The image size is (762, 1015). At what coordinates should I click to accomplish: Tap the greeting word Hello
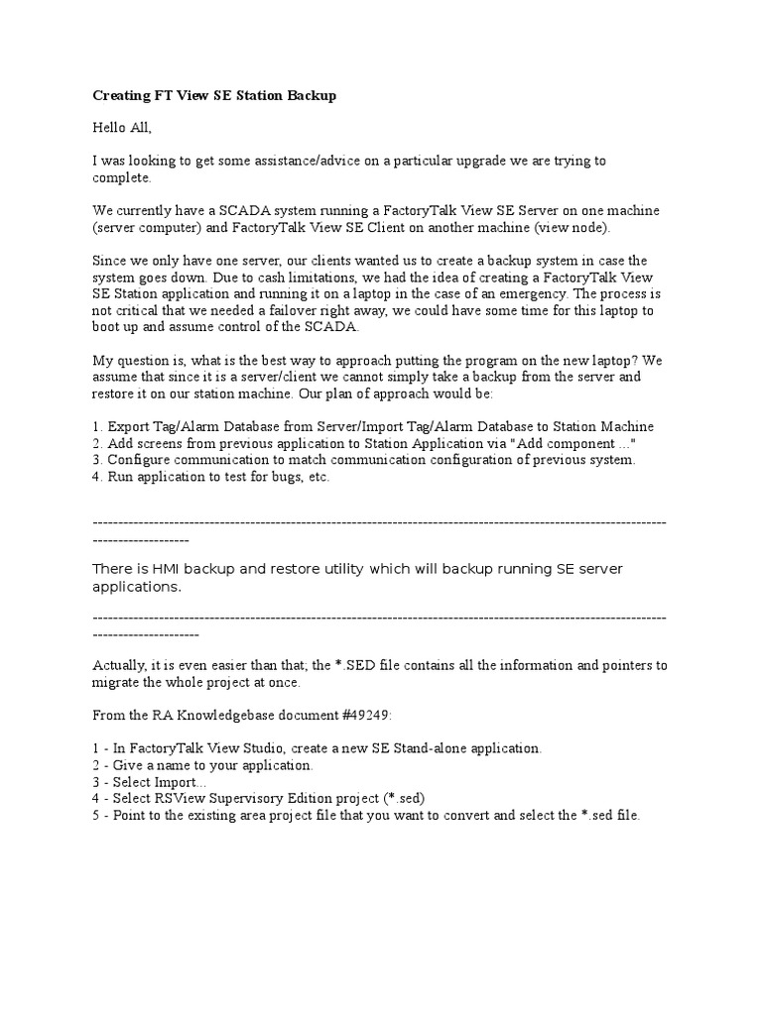click(110, 128)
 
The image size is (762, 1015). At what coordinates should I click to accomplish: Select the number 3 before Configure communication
click(96, 460)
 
